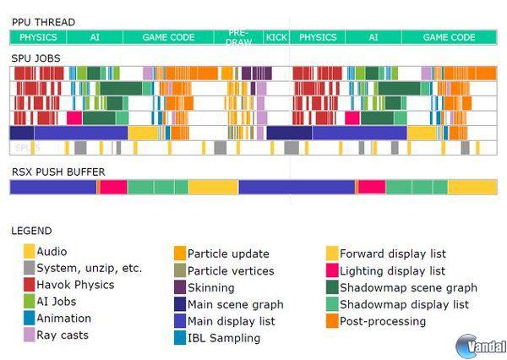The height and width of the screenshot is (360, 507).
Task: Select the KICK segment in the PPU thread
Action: [x=276, y=37]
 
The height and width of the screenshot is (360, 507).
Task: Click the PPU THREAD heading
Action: [x=42, y=21]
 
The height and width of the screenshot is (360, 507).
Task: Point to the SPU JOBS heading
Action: [x=35, y=58]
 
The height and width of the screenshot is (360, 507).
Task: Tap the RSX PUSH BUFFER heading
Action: [x=58, y=172]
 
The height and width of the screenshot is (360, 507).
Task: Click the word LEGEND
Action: [x=31, y=231]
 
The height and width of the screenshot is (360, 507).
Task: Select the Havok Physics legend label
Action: [x=75, y=285]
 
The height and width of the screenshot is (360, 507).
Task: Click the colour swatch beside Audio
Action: [x=30, y=251]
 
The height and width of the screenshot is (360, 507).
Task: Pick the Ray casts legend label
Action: [x=63, y=335]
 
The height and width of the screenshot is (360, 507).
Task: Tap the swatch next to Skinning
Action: [x=180, y=287]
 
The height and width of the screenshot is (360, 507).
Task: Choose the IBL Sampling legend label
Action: [x=224, y=338]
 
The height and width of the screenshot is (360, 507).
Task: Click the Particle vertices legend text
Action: [x=231, y=270]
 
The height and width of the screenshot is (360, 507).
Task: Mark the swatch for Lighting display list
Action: [x=332, y=270]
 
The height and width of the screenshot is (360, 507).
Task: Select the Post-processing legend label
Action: [x=383, y=321]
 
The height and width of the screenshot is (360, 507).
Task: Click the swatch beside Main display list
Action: [x=180, y=321]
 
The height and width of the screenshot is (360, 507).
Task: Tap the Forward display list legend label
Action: [x=393, y=254]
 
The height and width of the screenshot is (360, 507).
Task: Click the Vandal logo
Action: [x=481, y=345]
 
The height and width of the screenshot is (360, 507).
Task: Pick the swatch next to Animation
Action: [x=30, y=319]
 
